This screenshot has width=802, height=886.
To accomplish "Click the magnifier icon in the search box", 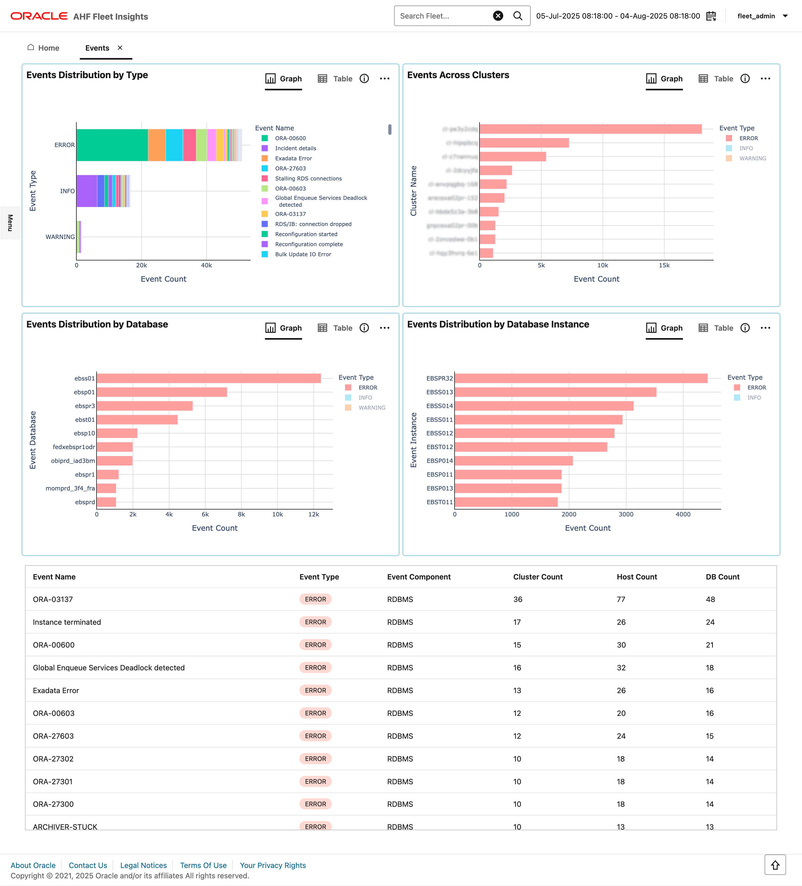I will pyautogui.click(x=518, y=16).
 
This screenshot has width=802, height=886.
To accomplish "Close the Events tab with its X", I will pyautogui.click(x=120, y=47).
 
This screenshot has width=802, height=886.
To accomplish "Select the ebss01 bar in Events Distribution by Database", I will pyautogui.click(x=208, y=378).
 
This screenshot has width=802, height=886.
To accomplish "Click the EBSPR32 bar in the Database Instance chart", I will pyautogui.click(x=581, y=378).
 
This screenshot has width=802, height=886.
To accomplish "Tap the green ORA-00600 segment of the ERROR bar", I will pyautogui.click(x=112, y=145).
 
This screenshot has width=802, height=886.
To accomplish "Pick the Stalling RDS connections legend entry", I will pyautogui.click(x=308, y=178).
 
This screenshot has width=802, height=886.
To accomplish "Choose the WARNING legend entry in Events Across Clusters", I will pyautogui.click(x=752, y=158).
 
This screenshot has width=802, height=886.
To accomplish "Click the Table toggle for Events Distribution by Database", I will pyautogui.click(x=335, y=328).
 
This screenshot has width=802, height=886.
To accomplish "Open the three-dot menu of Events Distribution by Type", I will pyautogui.click(x=385, y=79).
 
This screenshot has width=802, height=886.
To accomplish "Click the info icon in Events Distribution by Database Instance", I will pyautogui.click(x=745, y=328).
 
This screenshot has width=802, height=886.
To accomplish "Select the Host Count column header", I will pyautogui.click(x=637, y=577).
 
